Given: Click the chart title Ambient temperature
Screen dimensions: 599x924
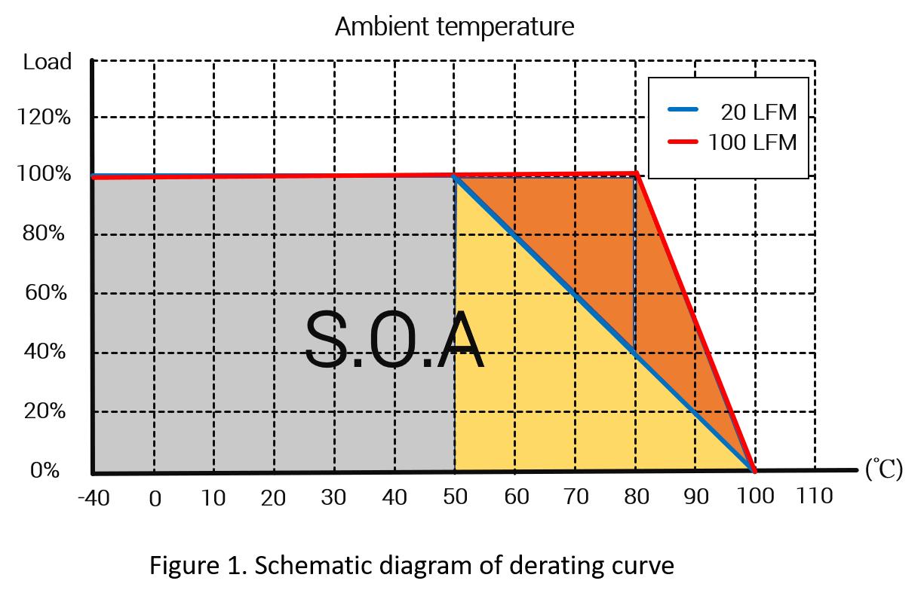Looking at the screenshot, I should tap(454, 27).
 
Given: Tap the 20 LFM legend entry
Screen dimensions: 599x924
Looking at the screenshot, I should tap(752, 112).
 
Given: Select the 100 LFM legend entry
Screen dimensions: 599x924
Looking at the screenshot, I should tap(752, 142).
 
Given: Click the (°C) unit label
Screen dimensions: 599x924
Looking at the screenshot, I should tap(883, 471).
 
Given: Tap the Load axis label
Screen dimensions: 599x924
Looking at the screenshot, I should tap(48, 62).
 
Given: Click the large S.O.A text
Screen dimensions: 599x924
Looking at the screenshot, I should tap(392, 341).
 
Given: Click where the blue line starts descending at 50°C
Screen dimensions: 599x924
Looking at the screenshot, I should tap(455, 176).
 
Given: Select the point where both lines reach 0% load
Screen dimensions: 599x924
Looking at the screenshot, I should tap(754, 471).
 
